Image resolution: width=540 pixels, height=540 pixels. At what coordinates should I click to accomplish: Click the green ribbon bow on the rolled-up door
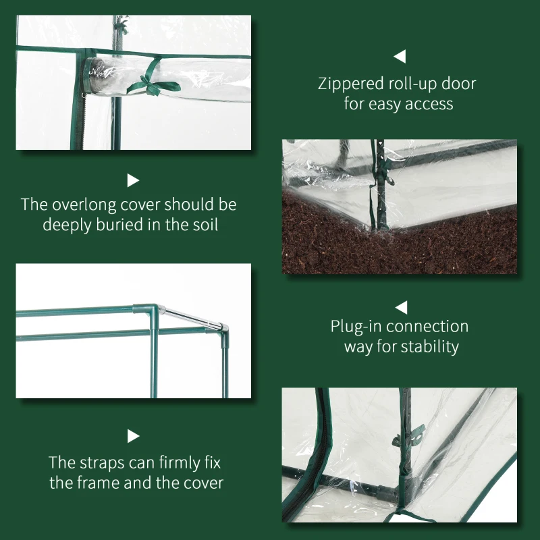(147, 84)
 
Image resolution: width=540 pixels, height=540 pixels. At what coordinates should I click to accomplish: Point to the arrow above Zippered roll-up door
(400, 57)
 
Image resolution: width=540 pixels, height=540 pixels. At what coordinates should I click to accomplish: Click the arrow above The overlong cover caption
(133, 180)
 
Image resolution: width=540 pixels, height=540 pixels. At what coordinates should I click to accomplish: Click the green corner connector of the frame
(144, 312)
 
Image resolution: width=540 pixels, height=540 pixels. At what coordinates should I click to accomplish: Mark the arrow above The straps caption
(133, 436)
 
